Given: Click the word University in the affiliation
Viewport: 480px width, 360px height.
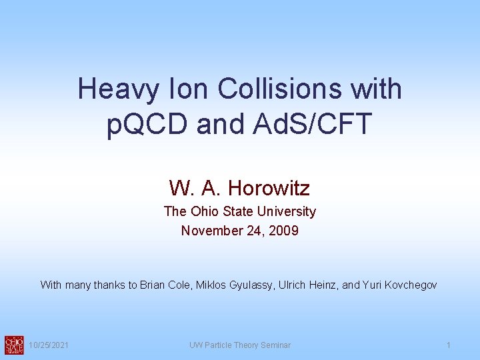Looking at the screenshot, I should (290, 211).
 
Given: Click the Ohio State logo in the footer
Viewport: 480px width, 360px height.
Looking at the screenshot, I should (13, 345).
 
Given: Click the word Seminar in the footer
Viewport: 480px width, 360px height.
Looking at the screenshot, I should (275, 345).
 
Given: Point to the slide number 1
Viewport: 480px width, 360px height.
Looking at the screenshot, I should (449, 345).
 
